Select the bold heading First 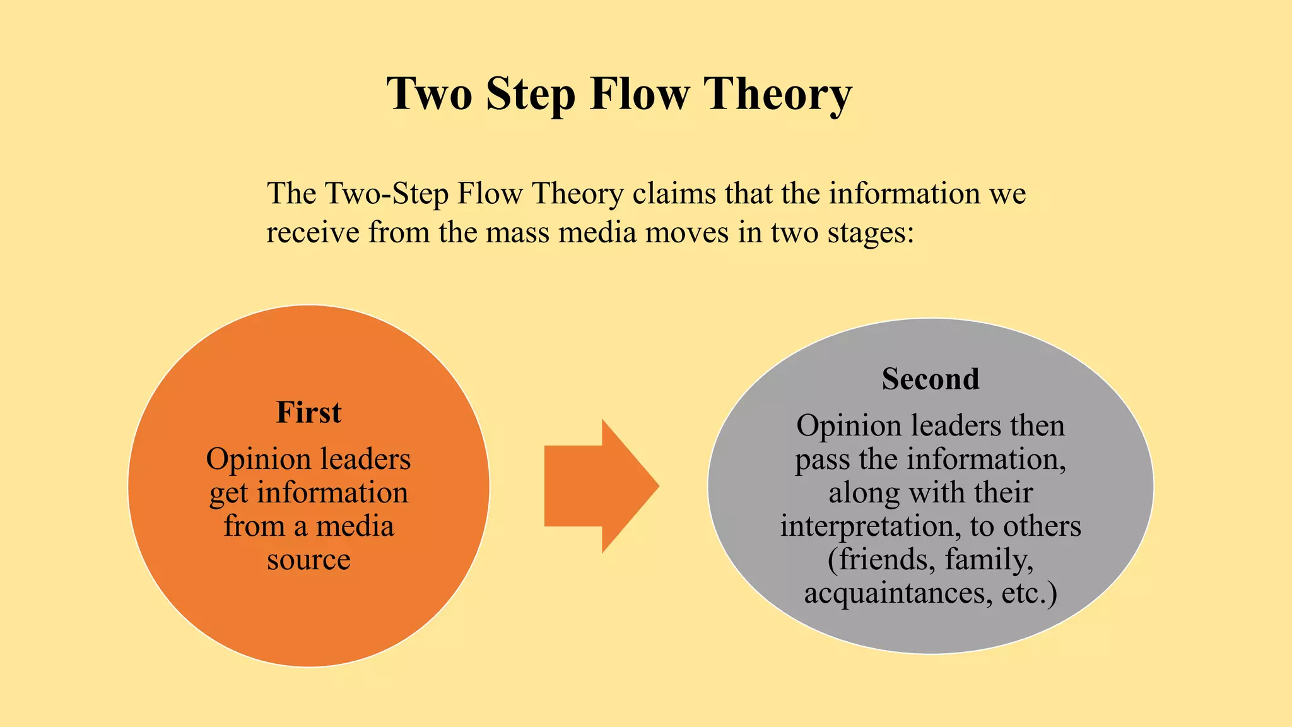coord(308,413)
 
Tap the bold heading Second coord(931,379)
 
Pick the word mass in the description coord(518,233)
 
